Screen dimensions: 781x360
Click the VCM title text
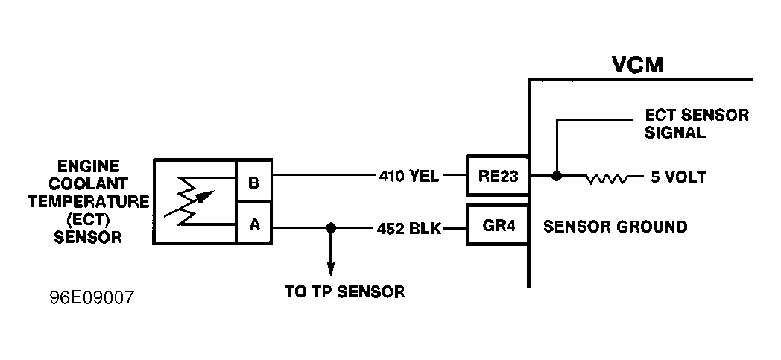click(637, 65)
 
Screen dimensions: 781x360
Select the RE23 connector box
click(498, 176)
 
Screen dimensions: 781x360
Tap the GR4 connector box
click(498, 225)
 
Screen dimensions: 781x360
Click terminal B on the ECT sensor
click(254, 182)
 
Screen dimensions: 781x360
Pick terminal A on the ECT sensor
click(254, 224)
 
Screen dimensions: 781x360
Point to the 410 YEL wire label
click(409, 176)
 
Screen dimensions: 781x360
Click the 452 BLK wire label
click(409, 229)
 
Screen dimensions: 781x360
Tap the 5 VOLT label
click(678, 177)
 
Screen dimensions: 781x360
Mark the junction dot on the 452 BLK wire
click(330, 228)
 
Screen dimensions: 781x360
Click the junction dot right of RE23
click(557, 176)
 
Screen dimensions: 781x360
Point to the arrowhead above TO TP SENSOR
click(330, 269)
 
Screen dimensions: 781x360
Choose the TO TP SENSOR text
click(345, 291)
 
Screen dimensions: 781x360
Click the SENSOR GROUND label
click(615, 227)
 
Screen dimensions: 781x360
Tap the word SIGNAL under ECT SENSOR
click(675, 133)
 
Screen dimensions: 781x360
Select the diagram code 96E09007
click(92, 297)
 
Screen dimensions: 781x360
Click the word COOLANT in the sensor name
click(88, 184)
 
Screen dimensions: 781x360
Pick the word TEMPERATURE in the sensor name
click(88, 202)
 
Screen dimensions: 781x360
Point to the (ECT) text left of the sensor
click(88, 220)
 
